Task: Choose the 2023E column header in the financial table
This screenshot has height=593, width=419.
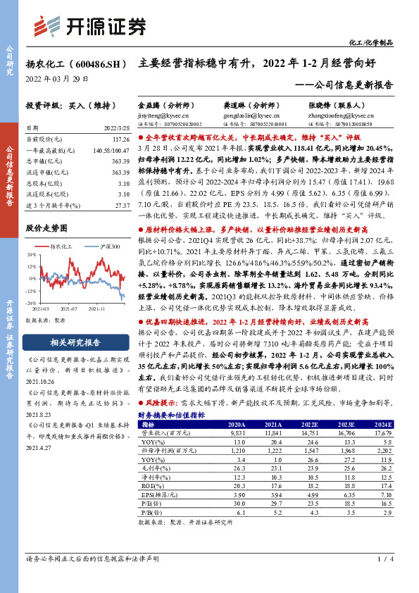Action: point(327,425)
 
